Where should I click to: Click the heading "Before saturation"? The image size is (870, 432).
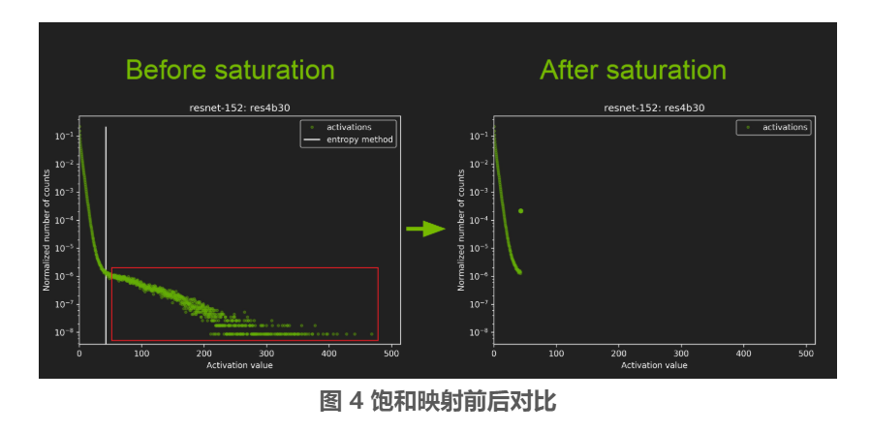coord(230,71)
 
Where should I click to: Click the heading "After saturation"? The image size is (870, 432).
coord(633,71)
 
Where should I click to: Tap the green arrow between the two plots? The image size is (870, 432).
coord(426,229)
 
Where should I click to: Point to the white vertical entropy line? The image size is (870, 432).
coord(106,235)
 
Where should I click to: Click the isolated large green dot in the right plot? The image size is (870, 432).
coord(520,211)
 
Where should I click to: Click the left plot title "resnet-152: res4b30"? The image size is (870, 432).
coord(239,108)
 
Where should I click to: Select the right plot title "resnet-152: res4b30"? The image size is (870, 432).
coord(654,108)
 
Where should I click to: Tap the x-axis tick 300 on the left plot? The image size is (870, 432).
coord(266,354)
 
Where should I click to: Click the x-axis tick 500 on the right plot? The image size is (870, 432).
coord(807,354)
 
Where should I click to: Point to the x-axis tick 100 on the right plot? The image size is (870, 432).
coord(556,354)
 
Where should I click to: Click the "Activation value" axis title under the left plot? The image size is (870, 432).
coord(239,365)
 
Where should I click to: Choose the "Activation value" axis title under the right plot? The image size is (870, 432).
coord(654,365)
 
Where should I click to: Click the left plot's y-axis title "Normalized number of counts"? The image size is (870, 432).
coord(47,231)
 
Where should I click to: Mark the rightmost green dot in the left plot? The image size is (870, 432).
coord(372,334)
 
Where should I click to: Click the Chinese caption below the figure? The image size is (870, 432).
coord(438,400)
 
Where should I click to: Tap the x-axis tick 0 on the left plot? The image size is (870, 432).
coord(79,354)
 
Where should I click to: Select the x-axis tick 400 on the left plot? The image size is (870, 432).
coord(329,354)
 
